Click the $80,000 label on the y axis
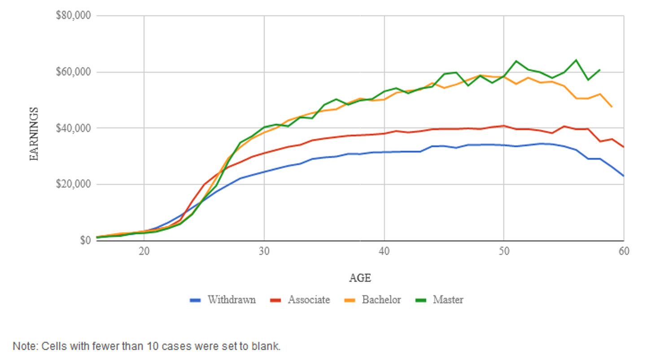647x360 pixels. point(74,16)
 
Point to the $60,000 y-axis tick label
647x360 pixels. point(74,72)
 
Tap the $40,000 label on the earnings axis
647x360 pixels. point(74,128)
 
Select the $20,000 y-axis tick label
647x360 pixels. point(74,184)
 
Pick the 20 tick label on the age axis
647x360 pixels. point(144,251)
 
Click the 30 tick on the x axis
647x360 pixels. point(264,251)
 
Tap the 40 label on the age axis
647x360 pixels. point(384,251)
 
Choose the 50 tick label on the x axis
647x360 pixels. point(504,251)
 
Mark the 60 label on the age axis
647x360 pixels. point(624,251)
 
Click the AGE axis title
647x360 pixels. point(360,278)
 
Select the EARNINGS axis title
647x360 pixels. point(34,134)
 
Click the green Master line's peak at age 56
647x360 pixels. point(576,60)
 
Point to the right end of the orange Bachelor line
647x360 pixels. point(612,107)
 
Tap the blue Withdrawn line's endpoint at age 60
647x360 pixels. point(623,176)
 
